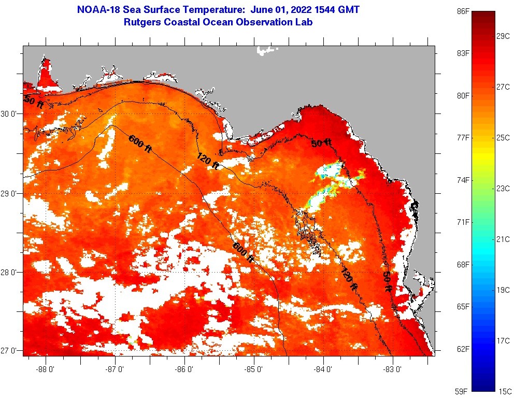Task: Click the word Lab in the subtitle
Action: coord(304,22)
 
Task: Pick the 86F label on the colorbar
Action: coord(463,11)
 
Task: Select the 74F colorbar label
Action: coord(463,180)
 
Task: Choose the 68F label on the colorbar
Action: coord(463,265)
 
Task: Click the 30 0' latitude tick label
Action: coord(10,113)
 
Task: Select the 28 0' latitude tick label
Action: coord(10,273)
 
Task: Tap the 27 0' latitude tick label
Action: coord(10,351)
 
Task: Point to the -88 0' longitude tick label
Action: coord(46,369)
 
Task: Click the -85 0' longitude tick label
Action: coord(254,369)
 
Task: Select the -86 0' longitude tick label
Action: coord(184,369)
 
